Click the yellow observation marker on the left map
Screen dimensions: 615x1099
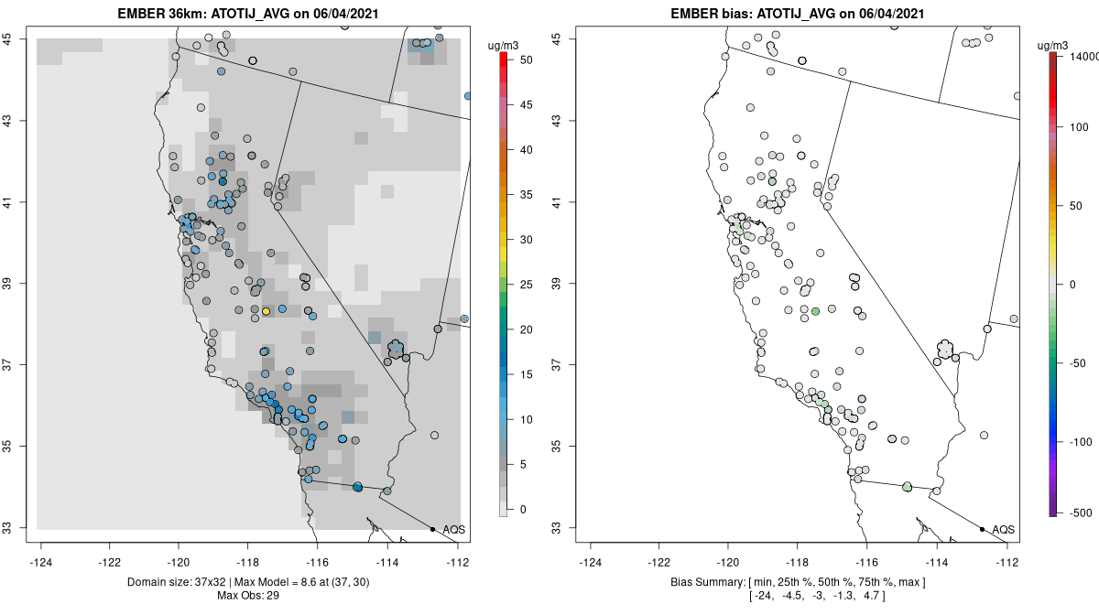coord(266,311)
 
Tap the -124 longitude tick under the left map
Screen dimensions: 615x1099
coord(42,563)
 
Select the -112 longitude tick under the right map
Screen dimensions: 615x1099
coord(1007,563)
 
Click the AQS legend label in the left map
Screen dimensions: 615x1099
coord(453,530)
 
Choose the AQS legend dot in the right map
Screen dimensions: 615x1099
coord(982,529)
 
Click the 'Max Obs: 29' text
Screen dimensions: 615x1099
coord(248,596)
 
